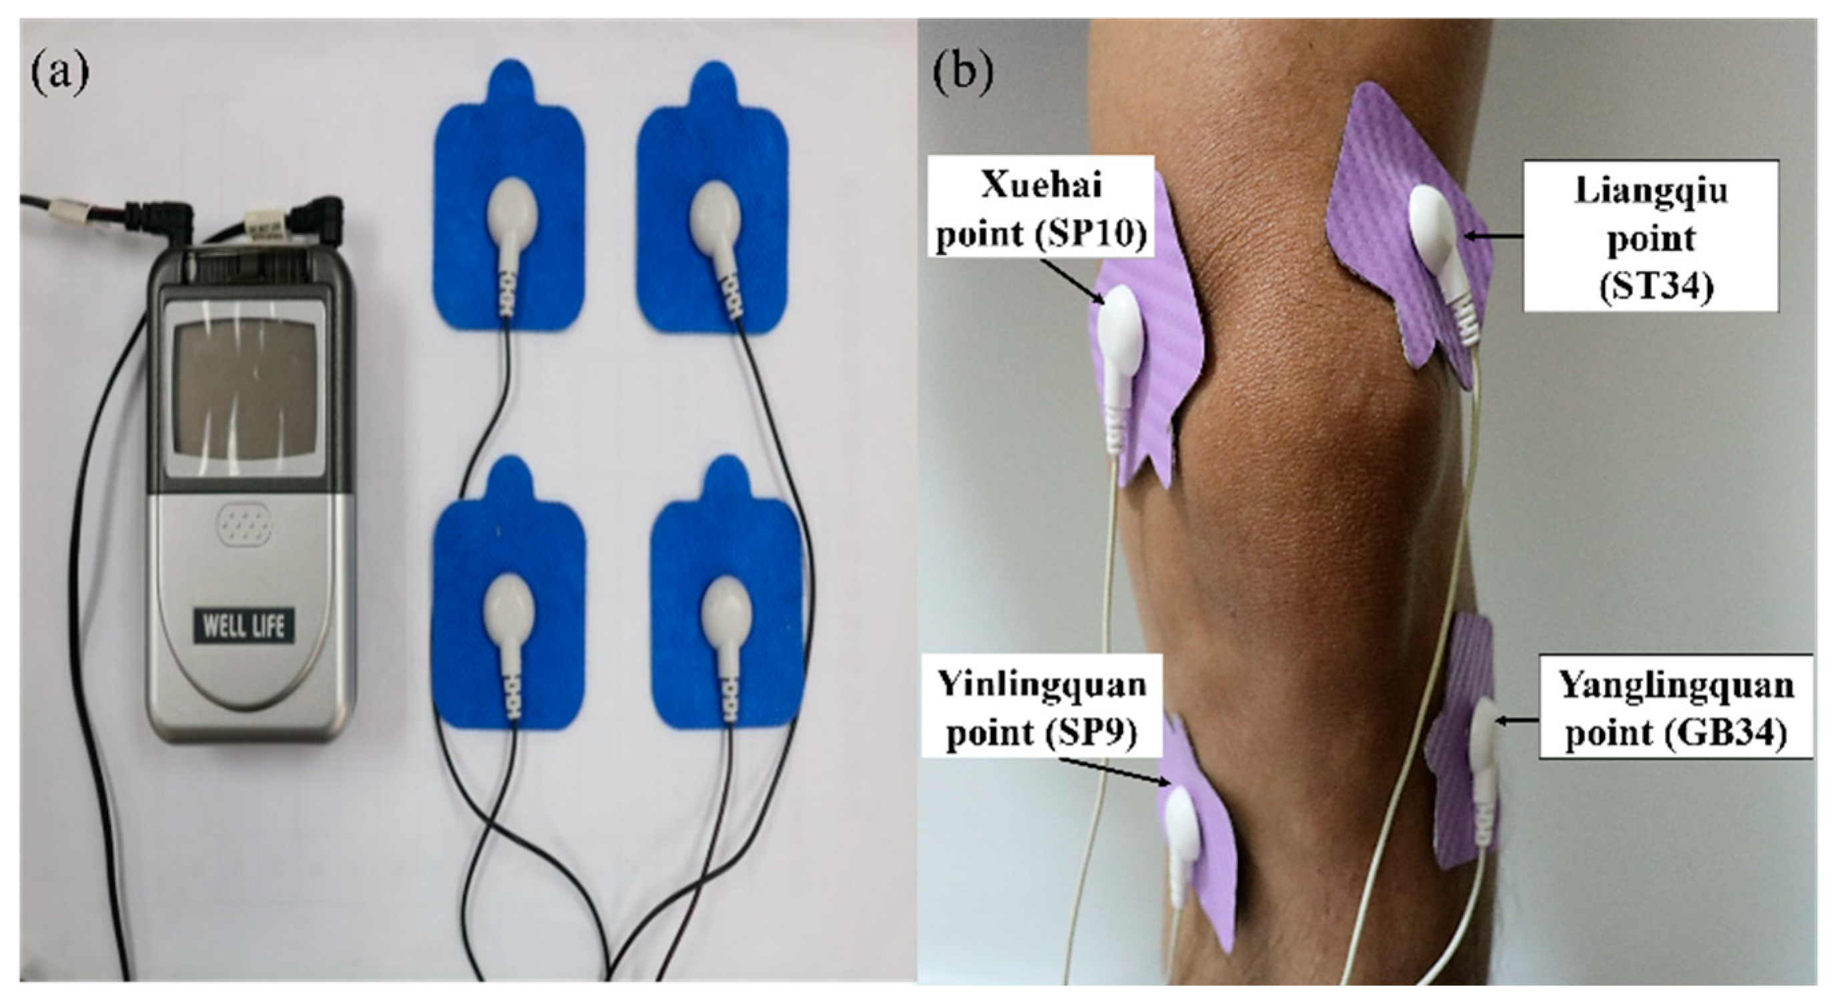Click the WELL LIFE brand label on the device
pos(244,627)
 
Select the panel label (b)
pos(962,75)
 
